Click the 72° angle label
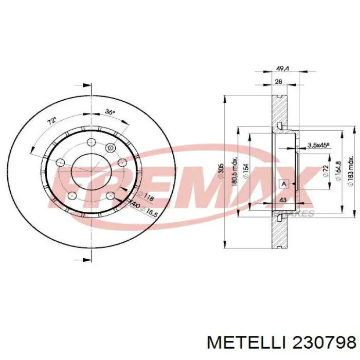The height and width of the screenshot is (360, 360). [x=51, y=123]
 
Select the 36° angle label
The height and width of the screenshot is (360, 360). [x=110, y=112]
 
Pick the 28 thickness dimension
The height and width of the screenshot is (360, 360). [x=278, y=82]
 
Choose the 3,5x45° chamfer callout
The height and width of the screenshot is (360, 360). [x=318, y=146]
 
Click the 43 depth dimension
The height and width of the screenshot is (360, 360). [x=282, y=200]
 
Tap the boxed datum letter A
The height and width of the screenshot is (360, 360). [x=283, y=184]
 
